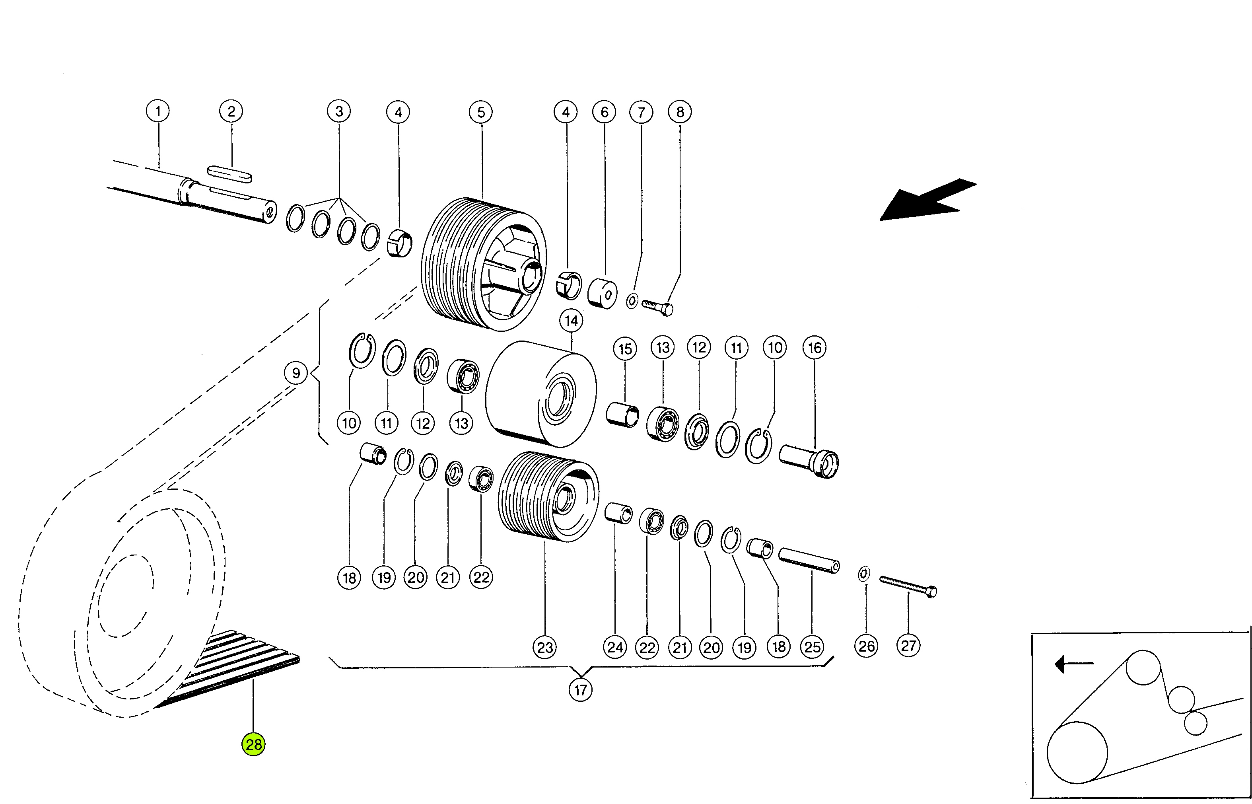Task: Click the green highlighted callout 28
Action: click(x=253, y=744)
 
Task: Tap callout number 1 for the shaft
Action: click(x=158, y=111)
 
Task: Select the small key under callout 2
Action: click(x=230, y=174)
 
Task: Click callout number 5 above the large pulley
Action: click(x=481, y=112)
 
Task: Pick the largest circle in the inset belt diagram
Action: click(x=1077, y=752)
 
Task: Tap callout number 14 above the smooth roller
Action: click(x=572, y=321)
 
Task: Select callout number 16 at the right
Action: click(x=815, y=348)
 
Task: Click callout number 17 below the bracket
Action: click(x=580, y=690)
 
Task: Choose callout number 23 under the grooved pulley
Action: click(x=545, y=647)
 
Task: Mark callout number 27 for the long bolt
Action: click(x=908, y=646)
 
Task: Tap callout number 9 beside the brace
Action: click(x=296, y=373)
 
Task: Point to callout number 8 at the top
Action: click(x=680, y=112)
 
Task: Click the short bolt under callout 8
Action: click(x=657, y=308)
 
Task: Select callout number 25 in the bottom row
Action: click(x=812, y=647)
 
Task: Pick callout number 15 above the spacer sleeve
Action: click(x=625, y=349)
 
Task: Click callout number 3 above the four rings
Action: click(x=339, y=111)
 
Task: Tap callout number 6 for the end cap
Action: click(x=605, y=112)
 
